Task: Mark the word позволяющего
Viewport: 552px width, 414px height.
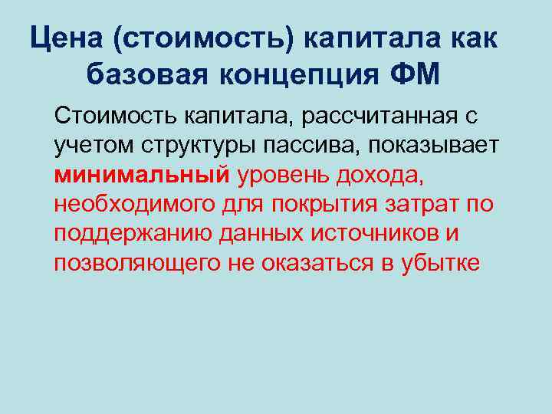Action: (134, 262)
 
